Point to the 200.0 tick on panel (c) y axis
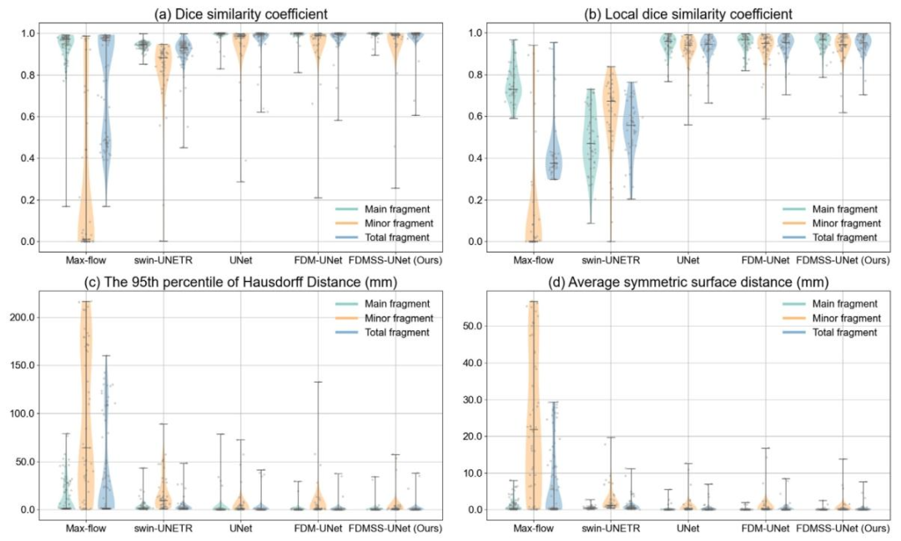pos(32,318)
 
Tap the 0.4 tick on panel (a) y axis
pos(38,158)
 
